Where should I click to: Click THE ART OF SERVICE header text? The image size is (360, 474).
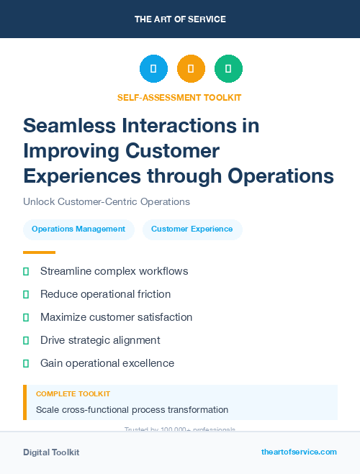coord(180,19)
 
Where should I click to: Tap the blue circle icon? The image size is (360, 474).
coord(153,69)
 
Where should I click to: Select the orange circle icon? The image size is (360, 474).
coord(191,69)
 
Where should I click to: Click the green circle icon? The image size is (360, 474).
coord(228,69)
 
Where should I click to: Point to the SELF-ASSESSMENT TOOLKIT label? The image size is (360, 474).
coord(179,97)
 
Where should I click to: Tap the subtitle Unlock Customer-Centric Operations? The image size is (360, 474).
coord(107,202)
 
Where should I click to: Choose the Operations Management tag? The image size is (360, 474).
coord(78,229)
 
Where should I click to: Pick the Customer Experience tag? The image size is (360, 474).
coord(192,229)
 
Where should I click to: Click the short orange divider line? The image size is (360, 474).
coord(39,252)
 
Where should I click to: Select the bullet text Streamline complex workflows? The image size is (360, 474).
coord(114,271)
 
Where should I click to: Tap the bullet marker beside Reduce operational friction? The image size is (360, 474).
coord(26,295)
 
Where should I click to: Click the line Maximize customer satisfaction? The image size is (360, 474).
coord(116,317)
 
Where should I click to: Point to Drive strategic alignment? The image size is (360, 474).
coord(100,340)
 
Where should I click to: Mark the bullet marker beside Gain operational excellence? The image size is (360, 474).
coord(26,364)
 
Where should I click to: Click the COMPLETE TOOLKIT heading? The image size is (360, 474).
coord(73,394)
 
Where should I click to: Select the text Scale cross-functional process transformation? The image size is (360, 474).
coord(132,410)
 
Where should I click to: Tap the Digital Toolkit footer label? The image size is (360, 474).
coord(51,452)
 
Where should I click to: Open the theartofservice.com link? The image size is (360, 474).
coord(299,452)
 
